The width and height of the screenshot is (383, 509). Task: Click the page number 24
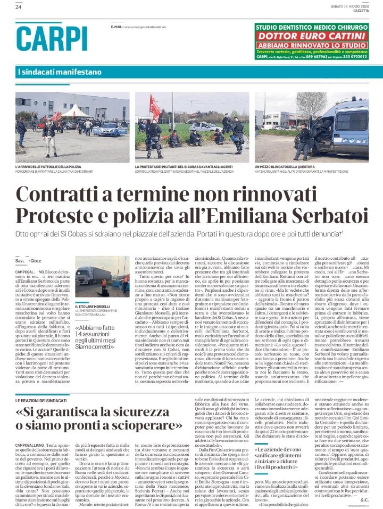tap(19, 7)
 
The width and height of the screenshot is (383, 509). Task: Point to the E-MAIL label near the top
tap(116, 26)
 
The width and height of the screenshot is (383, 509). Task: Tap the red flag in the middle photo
tap(155, 106)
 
